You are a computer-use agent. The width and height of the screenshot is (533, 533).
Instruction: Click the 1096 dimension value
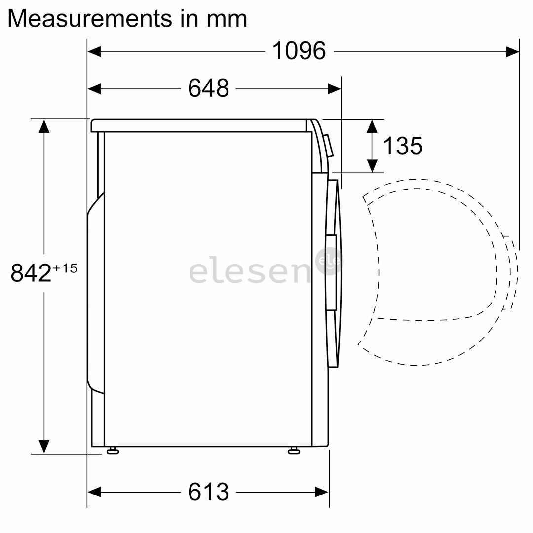coord(299,51)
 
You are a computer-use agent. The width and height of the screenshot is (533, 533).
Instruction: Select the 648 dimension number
coord(208,88)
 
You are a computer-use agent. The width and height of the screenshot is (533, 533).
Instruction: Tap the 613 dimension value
coord(208,492)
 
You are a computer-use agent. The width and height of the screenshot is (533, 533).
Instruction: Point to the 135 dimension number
coord(403,146)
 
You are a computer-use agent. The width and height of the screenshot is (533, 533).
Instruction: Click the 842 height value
coord(31,272)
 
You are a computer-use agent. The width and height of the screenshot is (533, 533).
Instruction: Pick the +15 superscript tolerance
coord(65,268)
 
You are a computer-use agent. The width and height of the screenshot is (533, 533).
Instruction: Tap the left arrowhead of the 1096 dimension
coord(94,52)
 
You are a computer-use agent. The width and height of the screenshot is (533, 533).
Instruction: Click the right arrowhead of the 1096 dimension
coord(513,52)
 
